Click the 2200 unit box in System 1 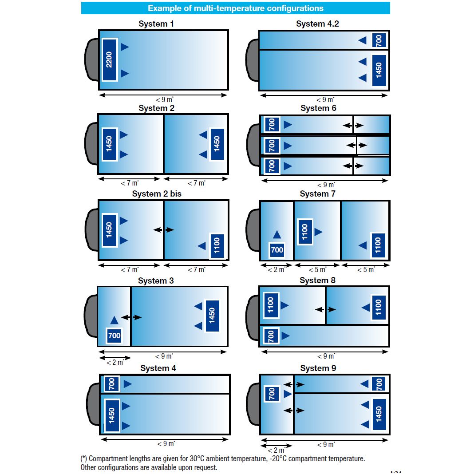click(x=109, y=59)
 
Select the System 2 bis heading click(x=157, y=194)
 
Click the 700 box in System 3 click(x=114, y=336)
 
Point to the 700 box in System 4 click(x=112, y=383)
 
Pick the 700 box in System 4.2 click(x=379, y=40)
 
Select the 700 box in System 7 click(x=277, y=250)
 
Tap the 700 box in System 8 click(x=271, y=336)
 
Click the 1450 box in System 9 click(x=379, y=415)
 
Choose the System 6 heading click(x=318, y=108)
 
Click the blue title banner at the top click(x=235, y=8)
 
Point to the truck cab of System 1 click(x=91, y=59)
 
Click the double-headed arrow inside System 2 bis click(x=164, y=229)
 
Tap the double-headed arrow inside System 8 click(x=325, y=309)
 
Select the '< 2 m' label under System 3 click(x=115, y=362)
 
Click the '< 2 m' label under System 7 click(x=276, y=269)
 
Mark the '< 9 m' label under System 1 click(x=164, y=100)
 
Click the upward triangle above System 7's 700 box click(x=277, y=234)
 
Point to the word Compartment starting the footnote click(x=108, y=458)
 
